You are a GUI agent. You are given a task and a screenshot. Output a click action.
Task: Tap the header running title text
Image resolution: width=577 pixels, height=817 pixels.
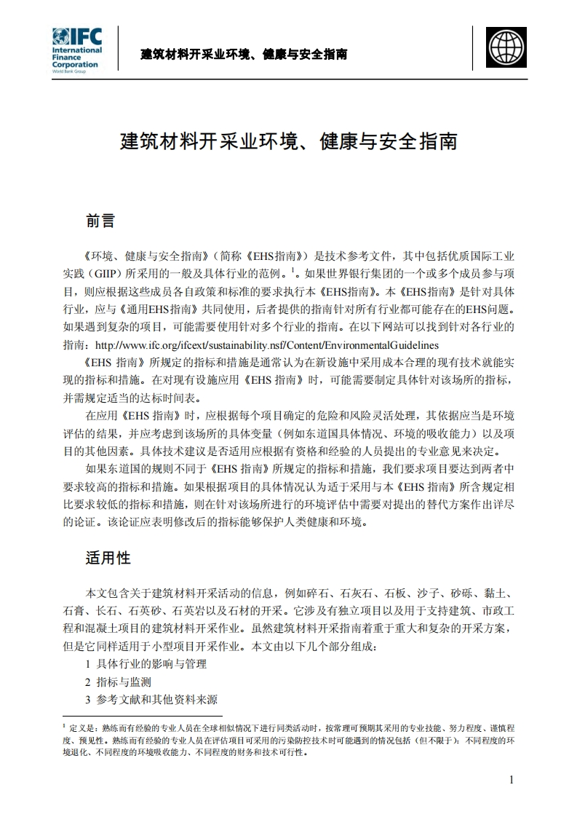point(243,55)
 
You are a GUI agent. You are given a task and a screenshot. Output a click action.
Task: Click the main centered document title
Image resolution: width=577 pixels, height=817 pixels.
point(288,141)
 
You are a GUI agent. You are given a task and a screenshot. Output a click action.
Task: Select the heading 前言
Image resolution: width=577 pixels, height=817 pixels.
point(100,220)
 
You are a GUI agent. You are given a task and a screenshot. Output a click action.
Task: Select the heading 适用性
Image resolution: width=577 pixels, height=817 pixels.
point(108,559)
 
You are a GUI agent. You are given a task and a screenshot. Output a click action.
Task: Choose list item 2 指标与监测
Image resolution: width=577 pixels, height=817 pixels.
point(118,682)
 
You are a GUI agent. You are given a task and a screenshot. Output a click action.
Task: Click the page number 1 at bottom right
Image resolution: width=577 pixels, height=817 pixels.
point(512,780)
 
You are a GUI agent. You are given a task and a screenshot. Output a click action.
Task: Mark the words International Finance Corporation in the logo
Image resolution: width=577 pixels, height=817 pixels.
point(76,57)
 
